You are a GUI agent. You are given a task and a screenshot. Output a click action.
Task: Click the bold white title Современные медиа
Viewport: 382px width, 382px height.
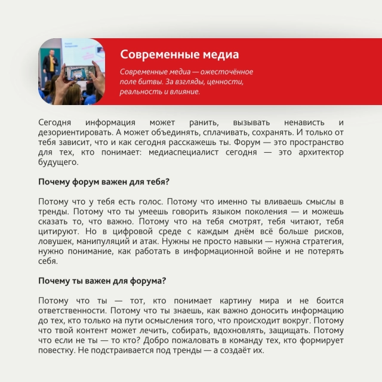click(x=179, y=55)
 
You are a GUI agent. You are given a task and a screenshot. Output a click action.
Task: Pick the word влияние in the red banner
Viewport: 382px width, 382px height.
click(x=177, y=92)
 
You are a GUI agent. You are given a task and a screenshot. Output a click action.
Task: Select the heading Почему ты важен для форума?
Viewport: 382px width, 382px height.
click(x=102, y=281)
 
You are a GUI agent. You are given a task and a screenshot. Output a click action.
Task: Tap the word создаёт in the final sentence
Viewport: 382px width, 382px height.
click(x=244, y=351)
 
